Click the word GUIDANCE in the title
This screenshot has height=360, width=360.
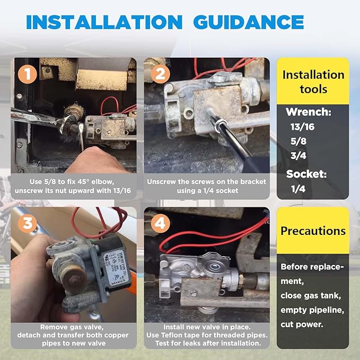click(248, 22)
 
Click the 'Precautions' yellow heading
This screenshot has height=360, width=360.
click(313, 231)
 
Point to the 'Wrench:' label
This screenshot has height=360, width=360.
click(308, 112)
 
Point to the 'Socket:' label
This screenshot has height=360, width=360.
click(306, 173)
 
